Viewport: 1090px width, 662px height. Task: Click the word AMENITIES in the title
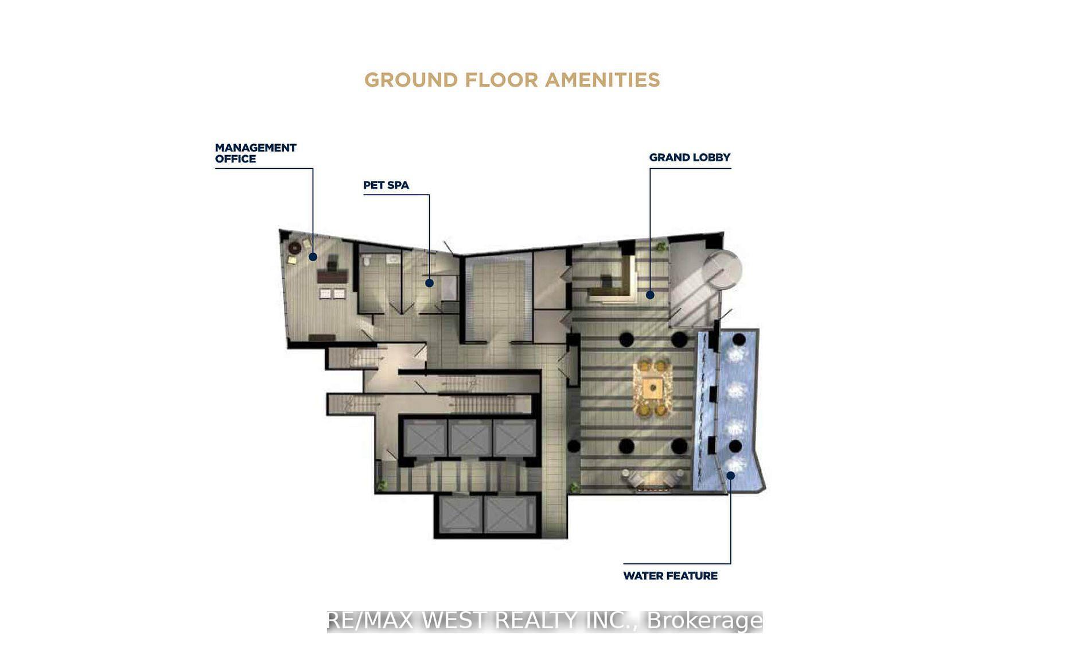pyautogui.click(x=602, y=80)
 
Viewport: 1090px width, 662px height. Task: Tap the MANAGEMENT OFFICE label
pyautogui.click(x=255, y=153)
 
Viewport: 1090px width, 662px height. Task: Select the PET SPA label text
pyautogui.click(x=386, y=185)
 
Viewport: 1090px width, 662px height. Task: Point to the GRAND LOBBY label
pyautogui.click(x=690, y=157)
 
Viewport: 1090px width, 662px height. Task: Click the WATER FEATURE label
pyautogui.click(x=670, y=575)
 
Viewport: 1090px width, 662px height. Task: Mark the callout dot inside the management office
pyautogui.click(x=313, y=257)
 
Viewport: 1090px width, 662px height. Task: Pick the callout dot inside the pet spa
pyautogui.click(x=429, y=283)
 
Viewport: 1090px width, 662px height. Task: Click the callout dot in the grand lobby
pyautogui.click(x=650, y=295)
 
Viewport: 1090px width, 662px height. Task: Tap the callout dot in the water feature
pyautogui.click(x=730, y=475)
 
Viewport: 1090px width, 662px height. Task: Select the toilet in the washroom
pyautogui.click(x=367, y=261)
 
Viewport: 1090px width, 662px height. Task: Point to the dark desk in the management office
pyautogui.click(x=333, y=277)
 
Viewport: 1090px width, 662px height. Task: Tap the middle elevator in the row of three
pyautogui.click(x=469, y=439)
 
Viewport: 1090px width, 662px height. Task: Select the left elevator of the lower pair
pyautogui.click(x=459, y=513)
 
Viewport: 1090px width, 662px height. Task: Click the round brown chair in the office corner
pyautogui.click(x=295, y=247)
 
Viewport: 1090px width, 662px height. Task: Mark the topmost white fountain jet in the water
pyautogui.click(x=736, y=354)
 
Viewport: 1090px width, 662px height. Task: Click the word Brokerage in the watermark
pyautogui.click(x=704, y=621)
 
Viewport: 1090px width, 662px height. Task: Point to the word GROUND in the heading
pyautogui.click(x=411, y=80)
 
